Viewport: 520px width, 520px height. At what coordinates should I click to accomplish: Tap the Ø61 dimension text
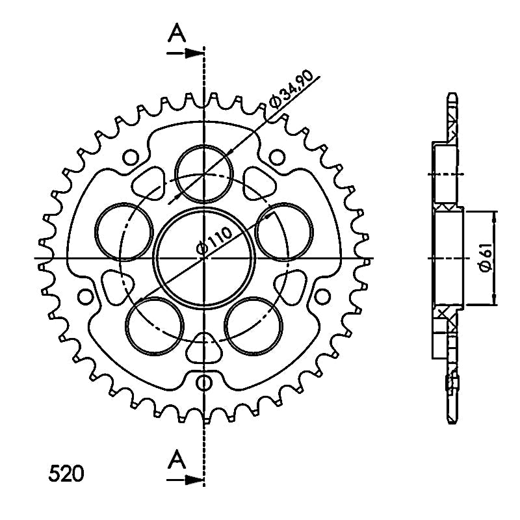click(x=485, y=257)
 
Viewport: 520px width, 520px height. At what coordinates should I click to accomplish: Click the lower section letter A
click(x=177, y=460)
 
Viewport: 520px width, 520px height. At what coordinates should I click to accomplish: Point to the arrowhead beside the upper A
click(x=194, y=53)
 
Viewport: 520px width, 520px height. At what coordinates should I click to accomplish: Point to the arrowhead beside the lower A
click(x=194, y=479)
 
